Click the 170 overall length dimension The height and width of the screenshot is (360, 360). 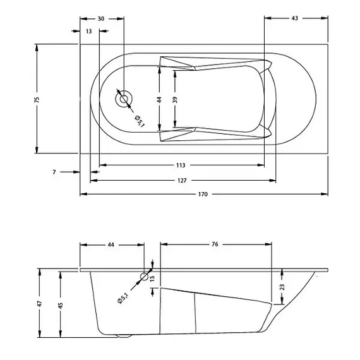tap(202, 194)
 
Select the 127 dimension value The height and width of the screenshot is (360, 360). tap(181, 181)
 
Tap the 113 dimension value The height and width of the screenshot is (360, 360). tap(181, 165)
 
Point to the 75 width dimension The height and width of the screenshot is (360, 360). tap(37, 99)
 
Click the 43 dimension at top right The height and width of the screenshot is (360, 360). tap(295, 18)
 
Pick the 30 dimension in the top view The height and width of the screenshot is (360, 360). tap(101, 18)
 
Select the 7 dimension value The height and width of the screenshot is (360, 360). tap(55, 172)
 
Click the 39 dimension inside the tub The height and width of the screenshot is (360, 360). tap(176, 99)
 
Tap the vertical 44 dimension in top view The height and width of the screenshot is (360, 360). tap(160, 99)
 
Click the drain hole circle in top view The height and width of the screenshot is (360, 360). tap(124, 98)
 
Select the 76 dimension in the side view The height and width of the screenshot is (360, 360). tap(215, 244)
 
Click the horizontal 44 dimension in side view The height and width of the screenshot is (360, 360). tap(111, 244)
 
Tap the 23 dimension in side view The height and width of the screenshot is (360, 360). tap(282, 287)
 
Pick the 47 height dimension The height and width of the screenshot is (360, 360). tap(40, 303)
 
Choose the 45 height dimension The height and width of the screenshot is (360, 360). tap(61, 304)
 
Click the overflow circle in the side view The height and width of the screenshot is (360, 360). tap(145, 276)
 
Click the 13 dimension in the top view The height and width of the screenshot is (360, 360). tap(88, 30)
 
